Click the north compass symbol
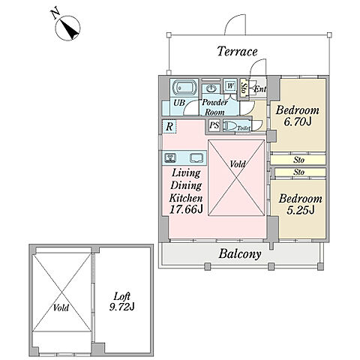pyautogui.click(x=67, y=28)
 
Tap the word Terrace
pyautogui.click(x=237, y=51)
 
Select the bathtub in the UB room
pyautogui.click(x=184, y=88)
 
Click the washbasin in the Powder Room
pyautogui.click(x=211, y=88)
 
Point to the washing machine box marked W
pyautogui.click(x=230, y=86)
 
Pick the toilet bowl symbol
pyautogui.click(x=229, y=126)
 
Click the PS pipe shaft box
pyautogui.click(x=214, y=125)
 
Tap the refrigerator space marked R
pyautogui.click(x=169, y=127)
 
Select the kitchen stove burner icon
pyautogui.click(x=170, y=158)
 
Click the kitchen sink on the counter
pyautogui.click(x=197, y=158)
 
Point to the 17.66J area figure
pyautogui.click(x=186, y=209)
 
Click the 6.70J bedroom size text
pyautogui.click(x=298, y=121)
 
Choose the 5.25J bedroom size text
pyautogui.click(x=300, y=210)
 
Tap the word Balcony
pyautogui.click(x=240, y=254)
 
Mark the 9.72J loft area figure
pyautogui.click(x=122, y=307)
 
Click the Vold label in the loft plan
pyautogui.click(x=61, y=307)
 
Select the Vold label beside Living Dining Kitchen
pyautogui.click(x=238, y=164)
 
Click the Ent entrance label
pyautogui.click(x=260, y=89)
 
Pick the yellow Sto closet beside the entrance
pyautogui.click(x=244, y=88)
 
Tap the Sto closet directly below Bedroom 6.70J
pyautogui.click(x=298, y=160)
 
